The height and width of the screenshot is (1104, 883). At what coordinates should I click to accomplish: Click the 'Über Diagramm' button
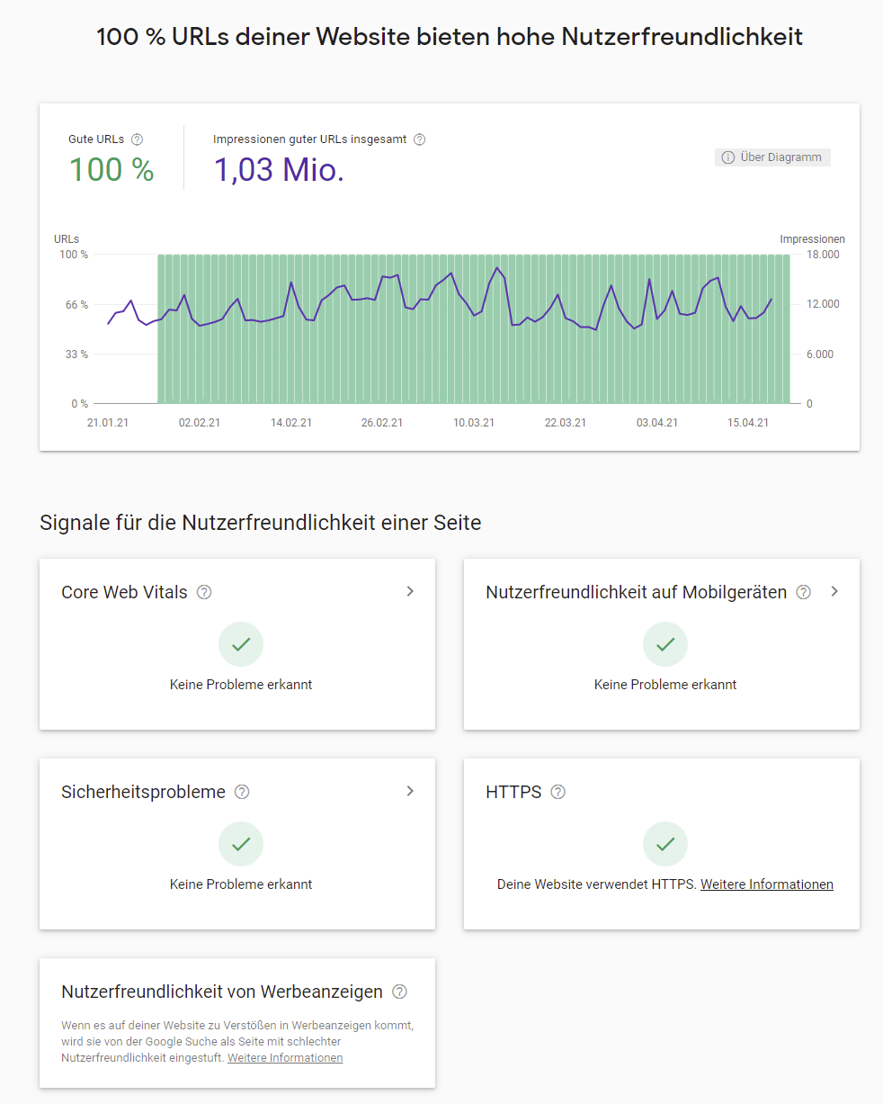click(772, 157)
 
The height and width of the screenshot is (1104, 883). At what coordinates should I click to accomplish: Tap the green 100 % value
click(111, 169)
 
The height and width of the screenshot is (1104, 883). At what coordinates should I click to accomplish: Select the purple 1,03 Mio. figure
click(279, 169)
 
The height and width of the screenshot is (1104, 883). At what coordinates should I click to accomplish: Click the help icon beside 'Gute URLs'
click(137, 139)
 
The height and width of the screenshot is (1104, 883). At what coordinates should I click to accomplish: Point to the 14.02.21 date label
click(291, 423)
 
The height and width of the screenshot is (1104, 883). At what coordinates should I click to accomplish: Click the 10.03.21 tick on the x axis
click(474, 423)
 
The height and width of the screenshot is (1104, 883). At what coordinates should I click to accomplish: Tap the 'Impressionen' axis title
click(812, 239)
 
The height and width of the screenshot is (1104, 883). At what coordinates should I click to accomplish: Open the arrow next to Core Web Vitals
click(410, 591)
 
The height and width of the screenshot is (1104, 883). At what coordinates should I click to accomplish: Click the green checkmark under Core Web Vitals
click(241, 644)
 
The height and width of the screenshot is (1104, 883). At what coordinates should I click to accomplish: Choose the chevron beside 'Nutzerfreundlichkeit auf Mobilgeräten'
click(834, 591)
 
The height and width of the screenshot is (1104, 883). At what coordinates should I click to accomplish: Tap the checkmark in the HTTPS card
click(665, 844)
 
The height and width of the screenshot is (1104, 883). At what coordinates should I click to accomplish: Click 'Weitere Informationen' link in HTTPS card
click(767, 884)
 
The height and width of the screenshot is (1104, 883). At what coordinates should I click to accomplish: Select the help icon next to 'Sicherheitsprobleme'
click(242, 792)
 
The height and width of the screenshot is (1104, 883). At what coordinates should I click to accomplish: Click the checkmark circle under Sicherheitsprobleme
click(241, 844)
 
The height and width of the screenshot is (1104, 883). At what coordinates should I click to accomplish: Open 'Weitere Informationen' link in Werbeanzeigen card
click(285, 1058)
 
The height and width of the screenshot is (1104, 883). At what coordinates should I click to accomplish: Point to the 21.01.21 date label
click(108, 423)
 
